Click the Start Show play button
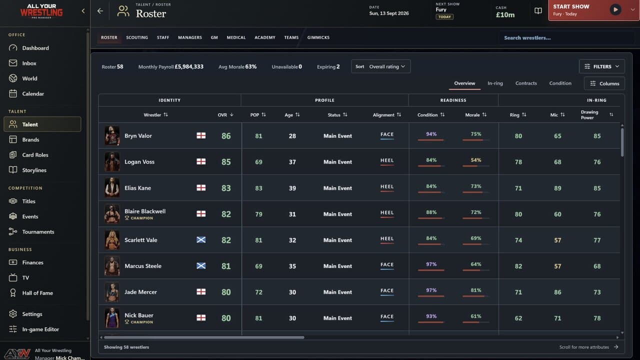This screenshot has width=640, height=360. coord(615,9)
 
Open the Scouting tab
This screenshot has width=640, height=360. coord(137,37)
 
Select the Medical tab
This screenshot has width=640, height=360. coord(236,37)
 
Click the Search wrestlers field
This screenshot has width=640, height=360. coord(565,37)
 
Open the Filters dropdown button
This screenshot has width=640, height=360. coord(601,66)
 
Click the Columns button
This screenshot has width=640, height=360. coord(604,83)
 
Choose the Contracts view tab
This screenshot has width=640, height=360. coord(526,83)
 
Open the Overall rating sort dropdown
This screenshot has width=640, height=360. coord(381,66)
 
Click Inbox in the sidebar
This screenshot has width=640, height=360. coord(29,63)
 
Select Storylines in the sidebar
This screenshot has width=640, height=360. coord(34,170)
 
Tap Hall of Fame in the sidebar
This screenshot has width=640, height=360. coord(37,293)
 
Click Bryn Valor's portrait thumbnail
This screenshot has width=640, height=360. coord(112,135)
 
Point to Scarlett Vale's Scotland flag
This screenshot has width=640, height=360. coord(201,239)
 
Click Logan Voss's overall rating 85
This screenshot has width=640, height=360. coord(226,162)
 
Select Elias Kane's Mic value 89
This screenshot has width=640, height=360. coord(557,188)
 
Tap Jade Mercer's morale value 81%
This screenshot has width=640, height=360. coord(475,290)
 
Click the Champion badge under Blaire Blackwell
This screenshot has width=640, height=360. coord(139,218)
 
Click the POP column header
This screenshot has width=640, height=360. coord(258,115)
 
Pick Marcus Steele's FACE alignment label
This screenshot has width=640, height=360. coord(387,264)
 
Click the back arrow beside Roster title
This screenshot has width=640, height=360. coord(100,11)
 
